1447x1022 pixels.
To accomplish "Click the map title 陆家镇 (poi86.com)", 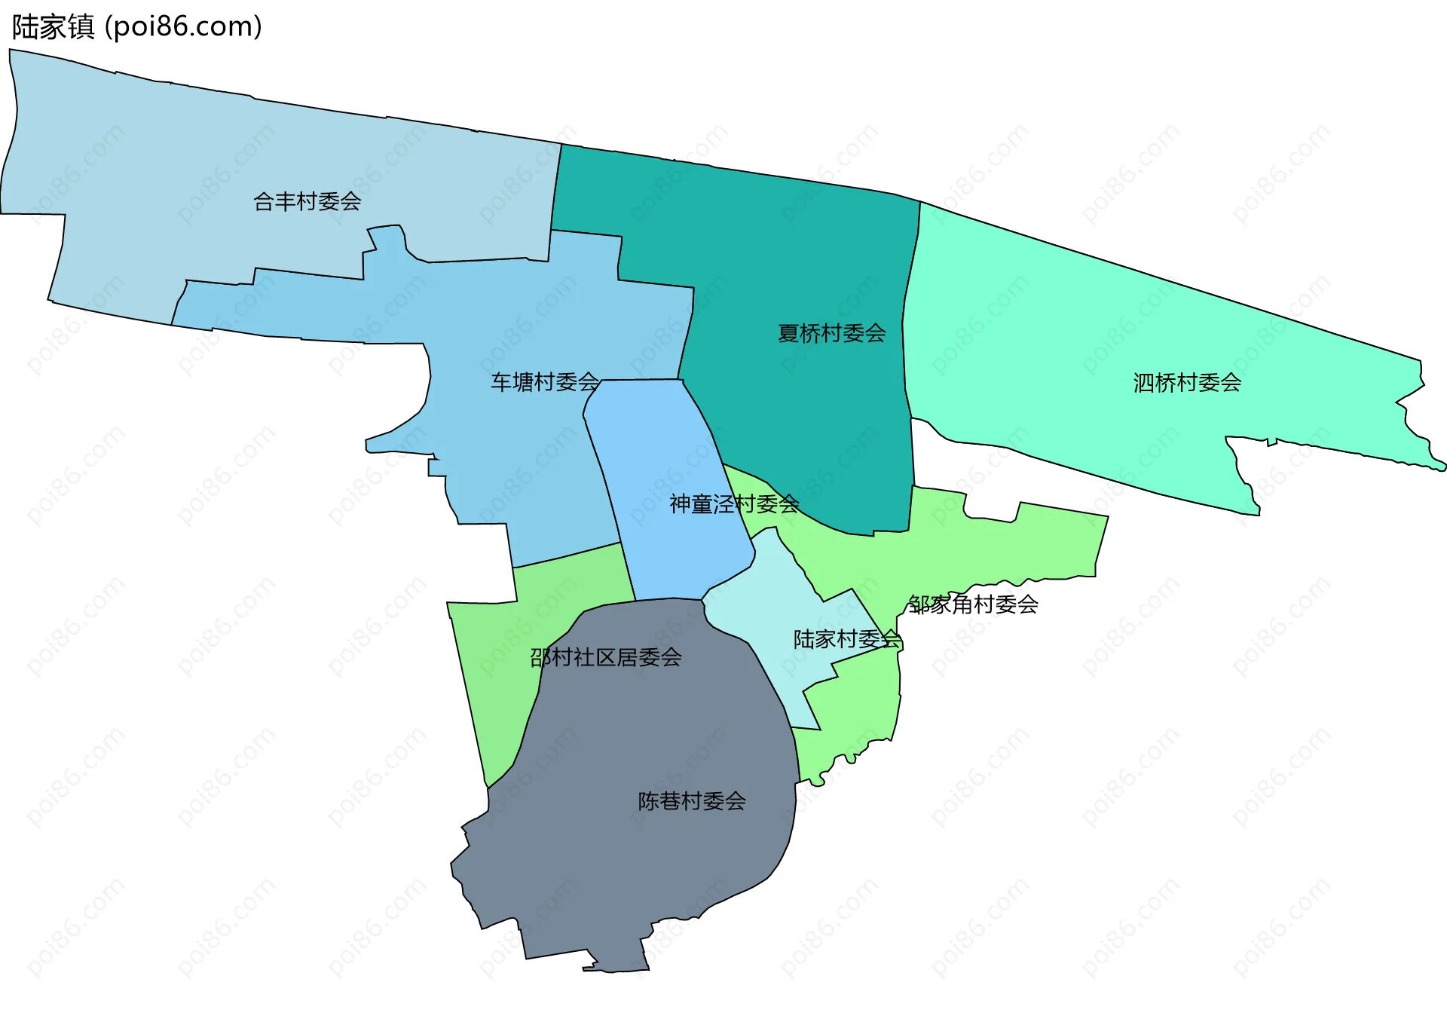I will (x=136, y=26).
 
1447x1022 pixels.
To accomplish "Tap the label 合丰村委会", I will (x=307, y=201).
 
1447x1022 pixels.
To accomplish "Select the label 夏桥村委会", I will (x=831, y=333).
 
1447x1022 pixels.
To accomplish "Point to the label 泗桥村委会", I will (x=1187, y=383).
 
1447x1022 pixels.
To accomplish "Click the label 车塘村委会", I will (x=545, y=382).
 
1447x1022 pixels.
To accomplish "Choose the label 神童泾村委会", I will (x=734, y=503).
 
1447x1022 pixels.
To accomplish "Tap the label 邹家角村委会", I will (x=973, y=604).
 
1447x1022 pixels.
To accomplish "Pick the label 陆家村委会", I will (x=847, y=639).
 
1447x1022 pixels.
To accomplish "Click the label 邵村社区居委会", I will (x=606, y=657).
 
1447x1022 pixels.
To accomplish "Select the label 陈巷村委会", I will (x=692, y=800).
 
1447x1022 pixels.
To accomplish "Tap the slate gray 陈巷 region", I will (x=641, y=867).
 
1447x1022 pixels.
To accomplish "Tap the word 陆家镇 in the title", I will (x=53, y=26).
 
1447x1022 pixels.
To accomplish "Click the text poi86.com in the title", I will (x=183, y=26).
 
